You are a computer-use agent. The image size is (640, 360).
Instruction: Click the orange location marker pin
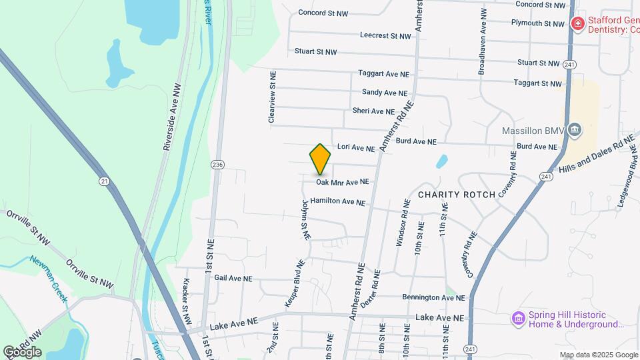(x=321, y=159)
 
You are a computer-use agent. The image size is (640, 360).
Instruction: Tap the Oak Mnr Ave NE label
(x=342, y=181)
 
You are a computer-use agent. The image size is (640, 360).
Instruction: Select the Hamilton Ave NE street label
(x=337, y=201)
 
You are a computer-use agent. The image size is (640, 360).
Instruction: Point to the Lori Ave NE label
(x=356, y=147)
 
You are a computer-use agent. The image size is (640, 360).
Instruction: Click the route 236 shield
(x=217, y=165)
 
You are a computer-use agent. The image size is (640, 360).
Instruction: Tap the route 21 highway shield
(x=103, y=181)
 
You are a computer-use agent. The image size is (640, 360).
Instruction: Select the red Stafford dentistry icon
(x=577, y=25)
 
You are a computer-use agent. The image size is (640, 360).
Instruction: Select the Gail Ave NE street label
(x=233, y=279)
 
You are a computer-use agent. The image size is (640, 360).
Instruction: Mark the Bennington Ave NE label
(x=432, y=297)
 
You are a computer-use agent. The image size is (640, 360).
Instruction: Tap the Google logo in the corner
(x=22, y=351)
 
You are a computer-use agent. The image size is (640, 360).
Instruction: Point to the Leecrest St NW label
(x=385, y=35)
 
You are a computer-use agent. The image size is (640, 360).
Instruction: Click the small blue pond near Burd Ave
(x=441, y=161)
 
